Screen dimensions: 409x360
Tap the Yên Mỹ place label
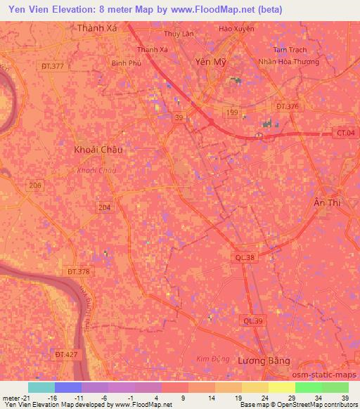tap(210, 62)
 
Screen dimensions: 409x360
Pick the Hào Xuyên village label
tap(236, 29)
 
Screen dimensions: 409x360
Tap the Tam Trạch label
tap(290, 51)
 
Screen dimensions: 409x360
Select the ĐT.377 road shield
tap(53, 66)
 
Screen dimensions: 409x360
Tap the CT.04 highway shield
tap(344, 132)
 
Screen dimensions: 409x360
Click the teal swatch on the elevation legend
tap(41, 387)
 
